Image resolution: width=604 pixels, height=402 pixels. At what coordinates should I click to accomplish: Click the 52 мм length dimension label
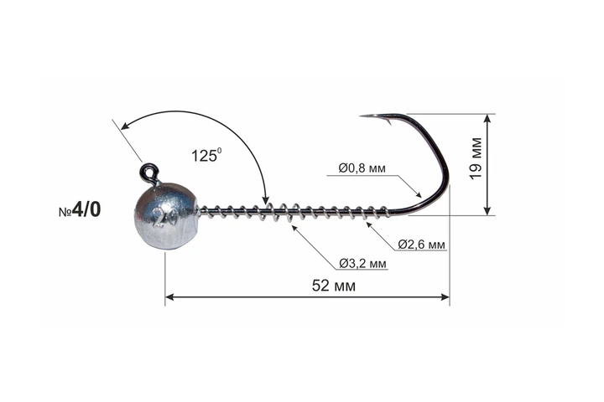[x=334, y=286]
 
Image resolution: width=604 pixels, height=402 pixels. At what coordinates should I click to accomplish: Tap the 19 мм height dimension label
[x=476, y=158]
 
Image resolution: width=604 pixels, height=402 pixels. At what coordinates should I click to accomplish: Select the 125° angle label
[x=206, y=155]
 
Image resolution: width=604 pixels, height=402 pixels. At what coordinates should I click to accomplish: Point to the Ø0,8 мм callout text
[x=362, y=168]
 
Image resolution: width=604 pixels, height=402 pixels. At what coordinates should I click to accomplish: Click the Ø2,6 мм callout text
[x=421, y=245]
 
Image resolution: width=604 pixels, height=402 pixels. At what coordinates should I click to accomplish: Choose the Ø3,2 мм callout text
[x=363, y=264]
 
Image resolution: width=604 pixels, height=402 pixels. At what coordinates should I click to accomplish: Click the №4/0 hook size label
[x=80, y=209]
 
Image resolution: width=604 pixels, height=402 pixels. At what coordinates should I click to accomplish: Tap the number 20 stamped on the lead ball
[x=165, y=218]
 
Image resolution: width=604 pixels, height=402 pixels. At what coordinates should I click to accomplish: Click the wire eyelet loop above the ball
[x=148, y=172]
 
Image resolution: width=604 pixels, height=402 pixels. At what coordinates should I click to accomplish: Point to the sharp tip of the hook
[x=361, y=116]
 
